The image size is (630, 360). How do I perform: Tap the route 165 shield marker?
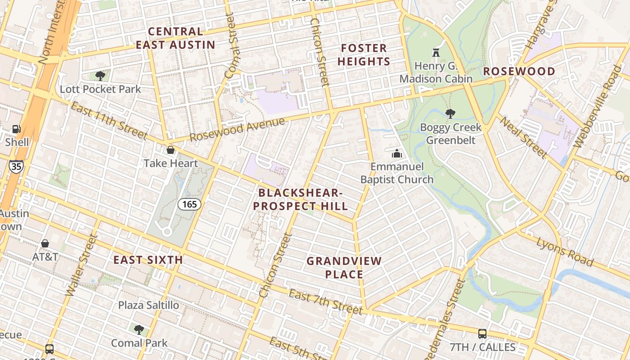click(189, 204)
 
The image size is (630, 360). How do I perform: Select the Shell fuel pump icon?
click(17, 129)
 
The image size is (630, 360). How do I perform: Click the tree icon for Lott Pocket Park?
click(100, 76)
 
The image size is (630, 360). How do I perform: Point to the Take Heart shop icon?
click(171, 150)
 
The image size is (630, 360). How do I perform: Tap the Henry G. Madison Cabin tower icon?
click(436, 52)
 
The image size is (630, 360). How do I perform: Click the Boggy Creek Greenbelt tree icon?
click(450, 114)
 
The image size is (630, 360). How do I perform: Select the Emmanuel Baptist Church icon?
click(396, 153)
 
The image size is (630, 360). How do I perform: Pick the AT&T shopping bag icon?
click(45, 243)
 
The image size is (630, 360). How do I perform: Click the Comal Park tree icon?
click(139, 329)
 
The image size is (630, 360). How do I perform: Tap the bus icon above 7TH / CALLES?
click(482, 334)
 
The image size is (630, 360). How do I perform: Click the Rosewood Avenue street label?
click(237, 129)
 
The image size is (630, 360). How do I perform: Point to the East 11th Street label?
click(109, 121)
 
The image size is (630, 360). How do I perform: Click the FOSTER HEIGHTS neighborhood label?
click(364, 55)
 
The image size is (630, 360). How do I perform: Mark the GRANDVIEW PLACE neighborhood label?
click(344, 267)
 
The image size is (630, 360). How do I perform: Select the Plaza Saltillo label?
click(148, 305)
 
